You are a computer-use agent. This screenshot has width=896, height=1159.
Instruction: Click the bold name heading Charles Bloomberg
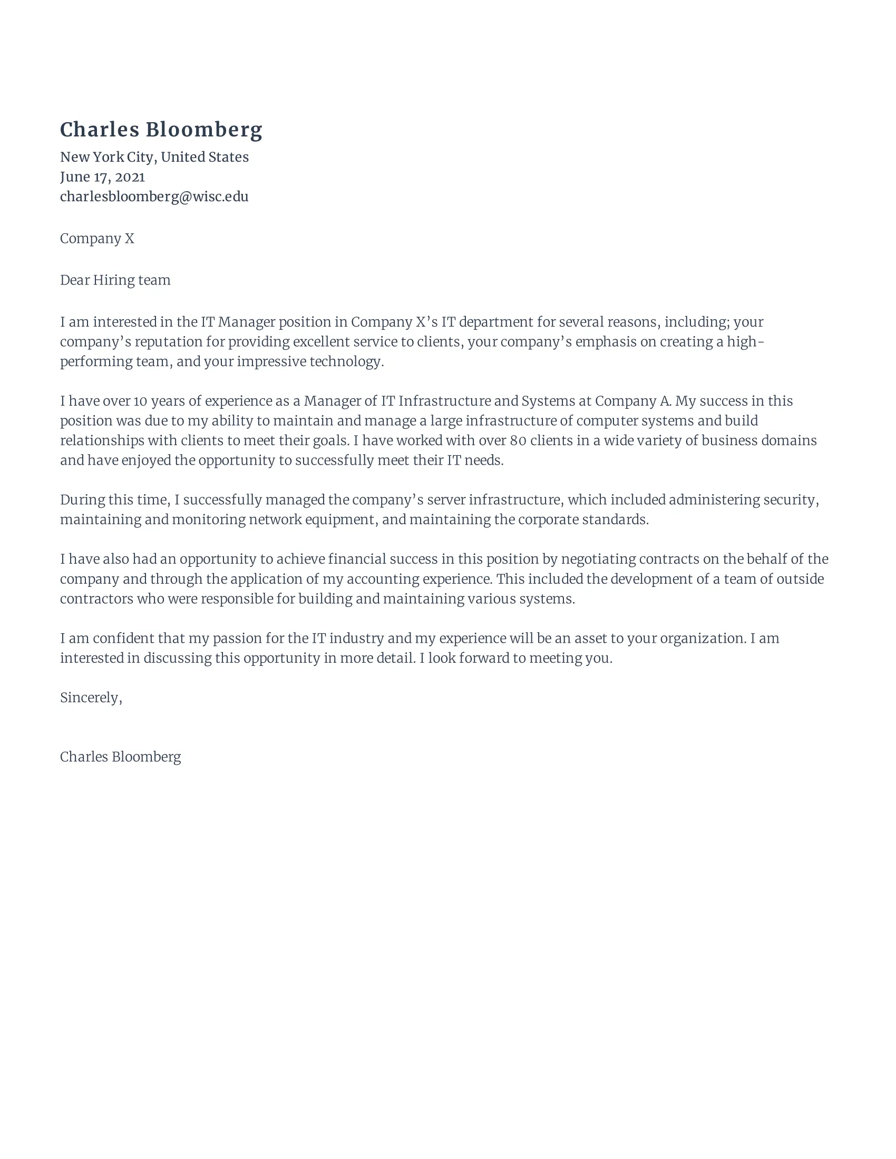coord(161,130)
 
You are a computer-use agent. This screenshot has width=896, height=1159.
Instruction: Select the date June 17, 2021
coord(102,176)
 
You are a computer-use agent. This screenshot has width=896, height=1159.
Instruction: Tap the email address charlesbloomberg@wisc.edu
coord(154,197)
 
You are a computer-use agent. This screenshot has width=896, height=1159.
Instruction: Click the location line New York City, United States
coord(154,157)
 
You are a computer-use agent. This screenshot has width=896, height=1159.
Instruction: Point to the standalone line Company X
coord(97,239)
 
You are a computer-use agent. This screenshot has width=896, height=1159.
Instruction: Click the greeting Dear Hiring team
coord(115,280)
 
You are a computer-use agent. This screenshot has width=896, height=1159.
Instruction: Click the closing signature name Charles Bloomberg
coord(121,757)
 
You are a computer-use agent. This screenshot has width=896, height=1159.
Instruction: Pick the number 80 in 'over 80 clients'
coord(518,440)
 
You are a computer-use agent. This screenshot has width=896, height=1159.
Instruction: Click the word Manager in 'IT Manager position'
coord(247,322)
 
